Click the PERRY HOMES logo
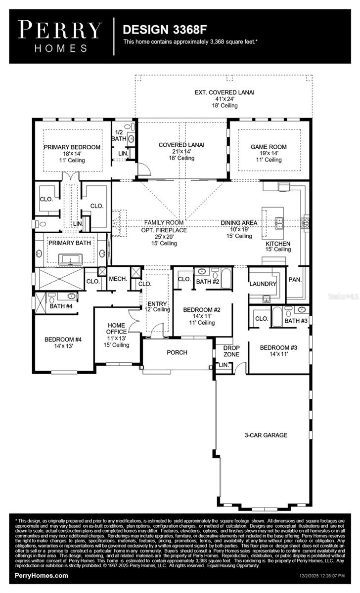click(x=60, y=36)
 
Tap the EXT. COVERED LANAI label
click(x=224, y=92)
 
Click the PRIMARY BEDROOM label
click(x=72, y=147)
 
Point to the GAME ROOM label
click(x=269, y=147)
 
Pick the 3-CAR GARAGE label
click(x=266, y=435)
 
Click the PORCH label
click(x=176, y=352)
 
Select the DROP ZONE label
click(x=231, y=351)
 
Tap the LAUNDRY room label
click(x=262, y=284)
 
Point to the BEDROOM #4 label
click(x=63, y=339)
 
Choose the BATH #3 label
click(x=296, y=321)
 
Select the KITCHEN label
click(x=278, y=244)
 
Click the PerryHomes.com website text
click(x=42, y=576)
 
